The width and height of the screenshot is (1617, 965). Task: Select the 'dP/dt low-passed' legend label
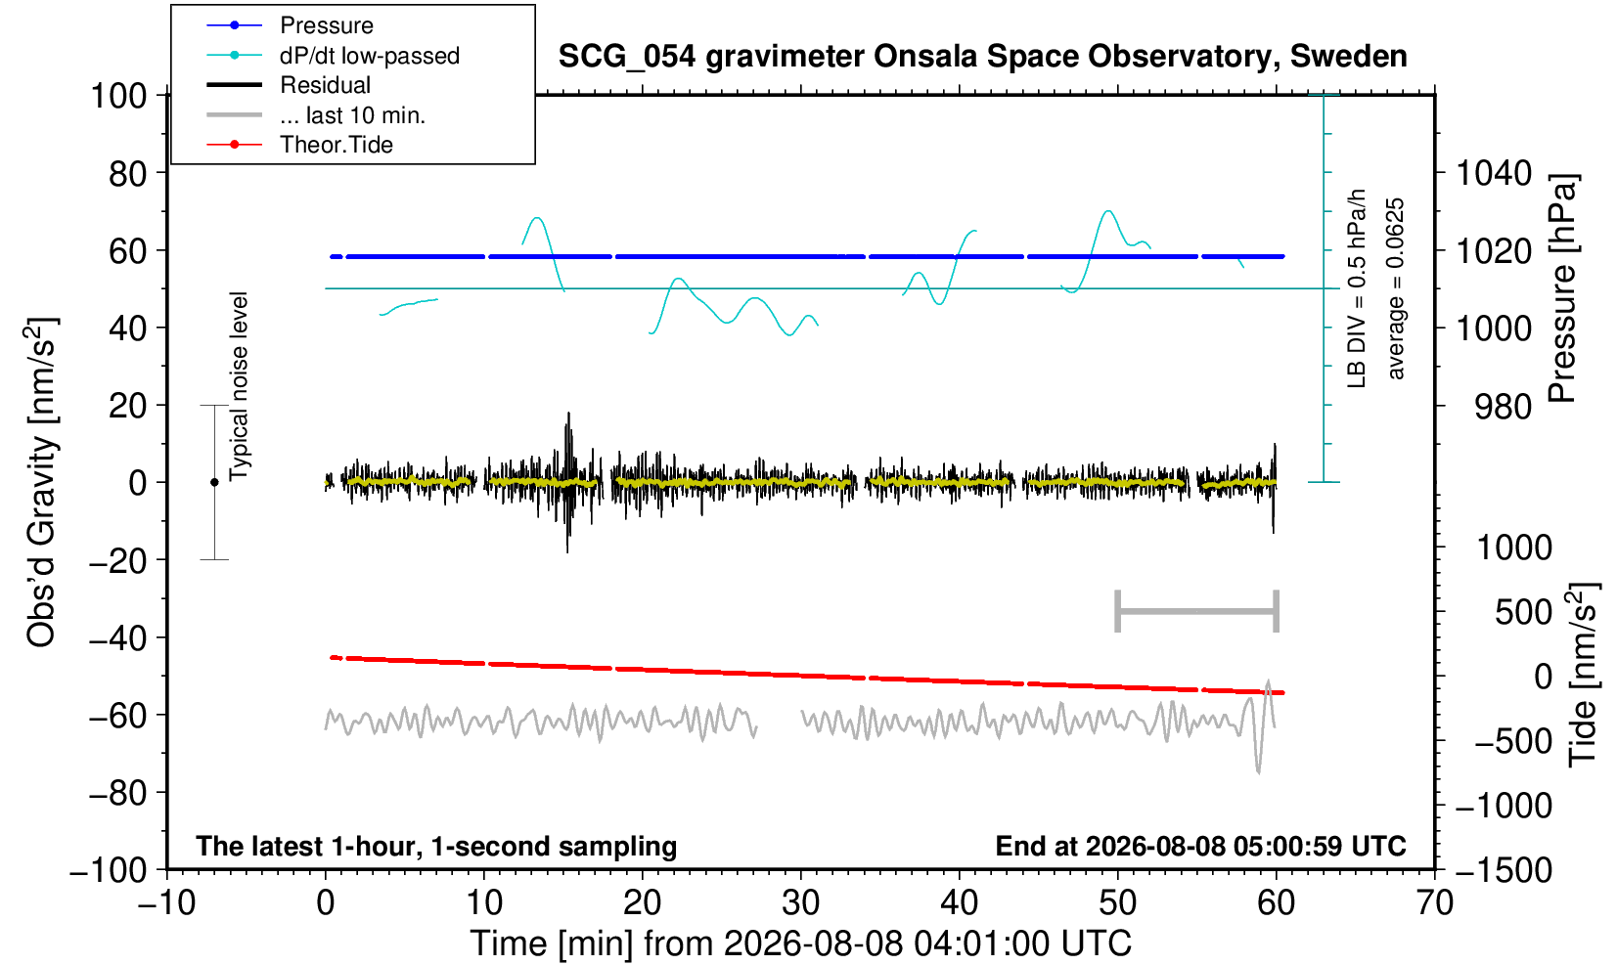tap(370, 56)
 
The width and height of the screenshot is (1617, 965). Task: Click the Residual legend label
tap(325, 85)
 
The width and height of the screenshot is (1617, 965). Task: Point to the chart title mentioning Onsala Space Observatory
tap(982, 56)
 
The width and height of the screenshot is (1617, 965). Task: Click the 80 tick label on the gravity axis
tap(128, 173)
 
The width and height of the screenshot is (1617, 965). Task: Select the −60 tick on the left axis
tap(117, 716)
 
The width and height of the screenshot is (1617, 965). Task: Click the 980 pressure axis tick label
tap(1503, 407)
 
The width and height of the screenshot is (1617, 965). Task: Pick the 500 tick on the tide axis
tap(1523, 612)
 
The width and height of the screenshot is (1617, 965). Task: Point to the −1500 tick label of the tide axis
tap(1504, 870)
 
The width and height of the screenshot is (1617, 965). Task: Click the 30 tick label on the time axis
tap(801, 902)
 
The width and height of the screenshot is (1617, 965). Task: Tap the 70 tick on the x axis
tap(1434, 902)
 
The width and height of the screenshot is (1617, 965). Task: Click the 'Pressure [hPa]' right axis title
tap(1563, 288)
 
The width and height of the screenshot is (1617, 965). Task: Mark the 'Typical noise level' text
tap(239, 387)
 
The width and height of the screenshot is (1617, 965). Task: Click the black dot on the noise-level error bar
tap(214, 482)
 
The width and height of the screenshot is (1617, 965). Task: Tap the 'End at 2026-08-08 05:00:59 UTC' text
tap(1200, 846)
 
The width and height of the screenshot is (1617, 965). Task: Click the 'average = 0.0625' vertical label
tap(1396, 288)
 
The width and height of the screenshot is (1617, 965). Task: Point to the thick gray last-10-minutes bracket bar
tap(1197, 611)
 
